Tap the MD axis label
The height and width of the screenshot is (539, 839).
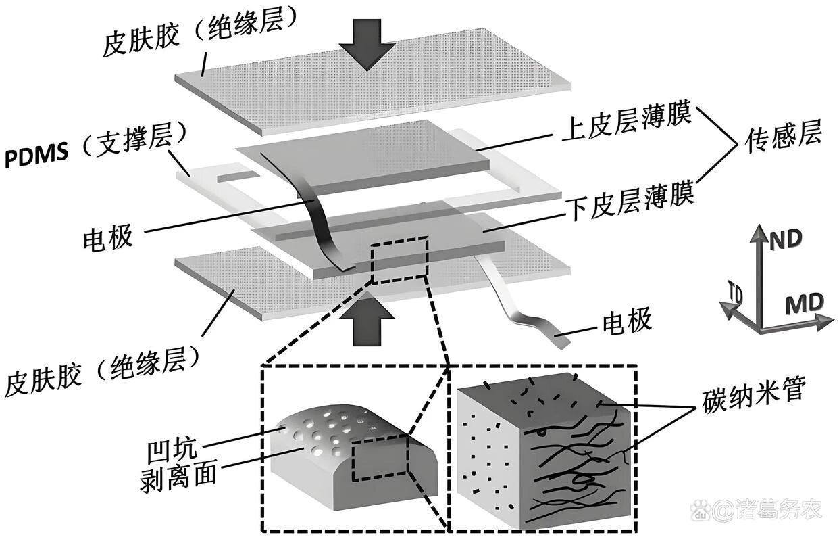coord(803,305)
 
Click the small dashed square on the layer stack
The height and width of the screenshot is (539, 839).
coord(399,259)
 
